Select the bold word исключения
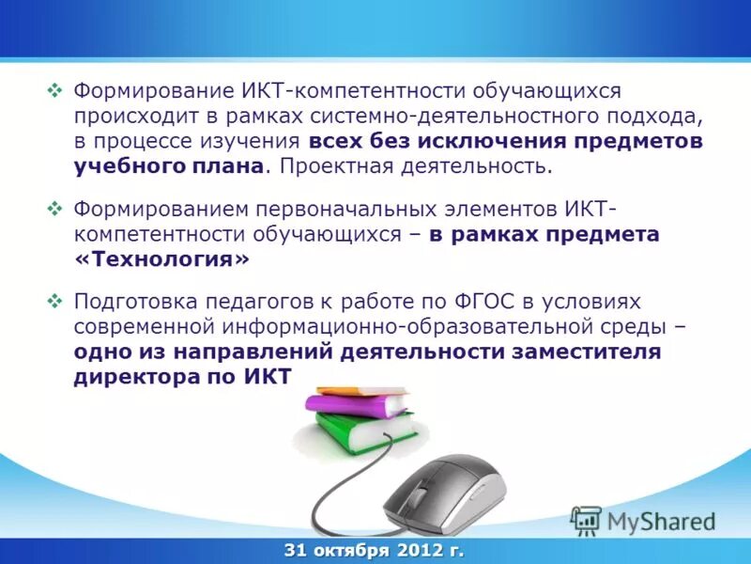pyautogui.click(x=489, y=142)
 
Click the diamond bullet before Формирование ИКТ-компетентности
pyautogui.click(x=54, y=91)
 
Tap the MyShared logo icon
pyautogui.click(x=587, y=520)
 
